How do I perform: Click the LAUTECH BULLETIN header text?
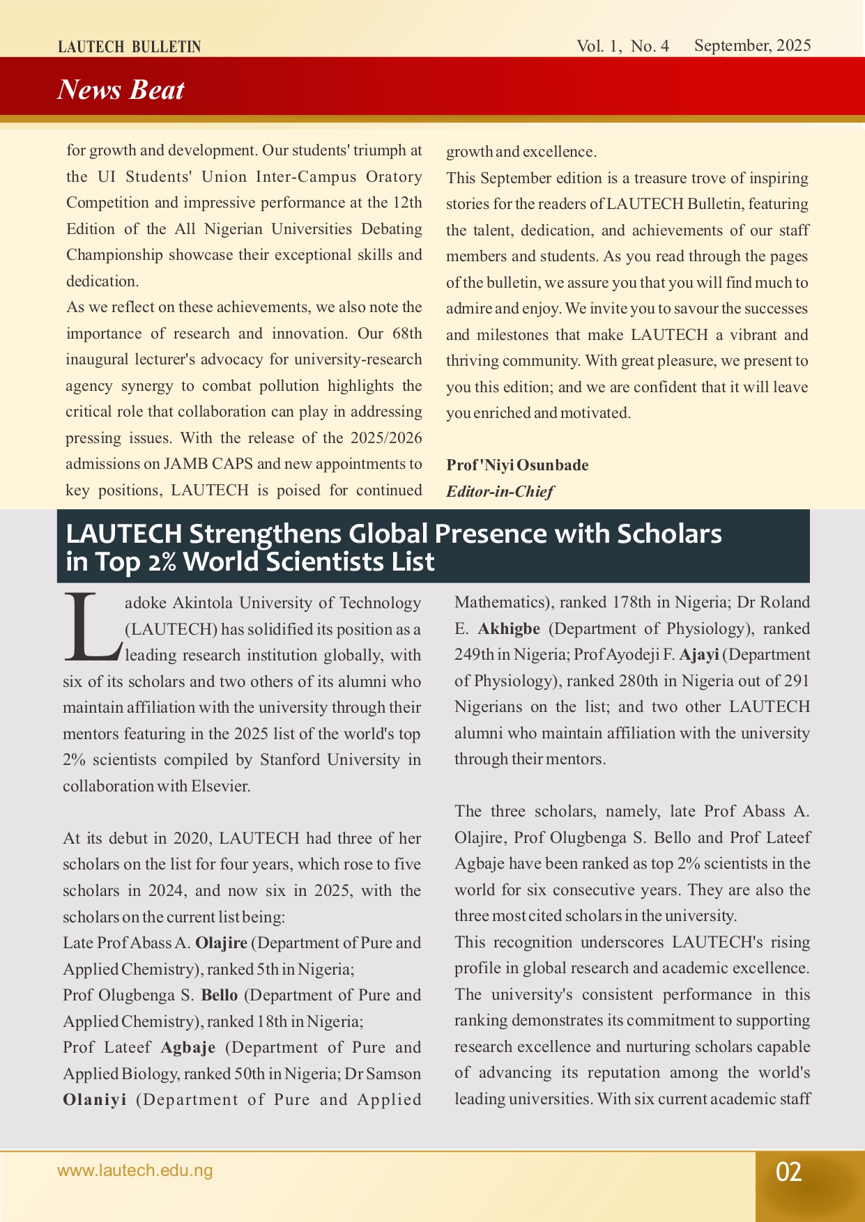129,47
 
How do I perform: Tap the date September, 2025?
752,46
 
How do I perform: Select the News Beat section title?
121,90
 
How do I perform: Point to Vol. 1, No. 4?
622,46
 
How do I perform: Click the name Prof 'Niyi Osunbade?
517,465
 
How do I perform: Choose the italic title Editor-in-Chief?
500,492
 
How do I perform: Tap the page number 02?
789,1172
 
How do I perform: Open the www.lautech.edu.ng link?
135,1170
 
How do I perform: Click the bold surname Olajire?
221,943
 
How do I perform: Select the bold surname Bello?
220,996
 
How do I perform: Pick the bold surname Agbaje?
188,1048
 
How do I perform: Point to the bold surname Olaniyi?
95,1100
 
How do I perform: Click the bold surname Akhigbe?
509,629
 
